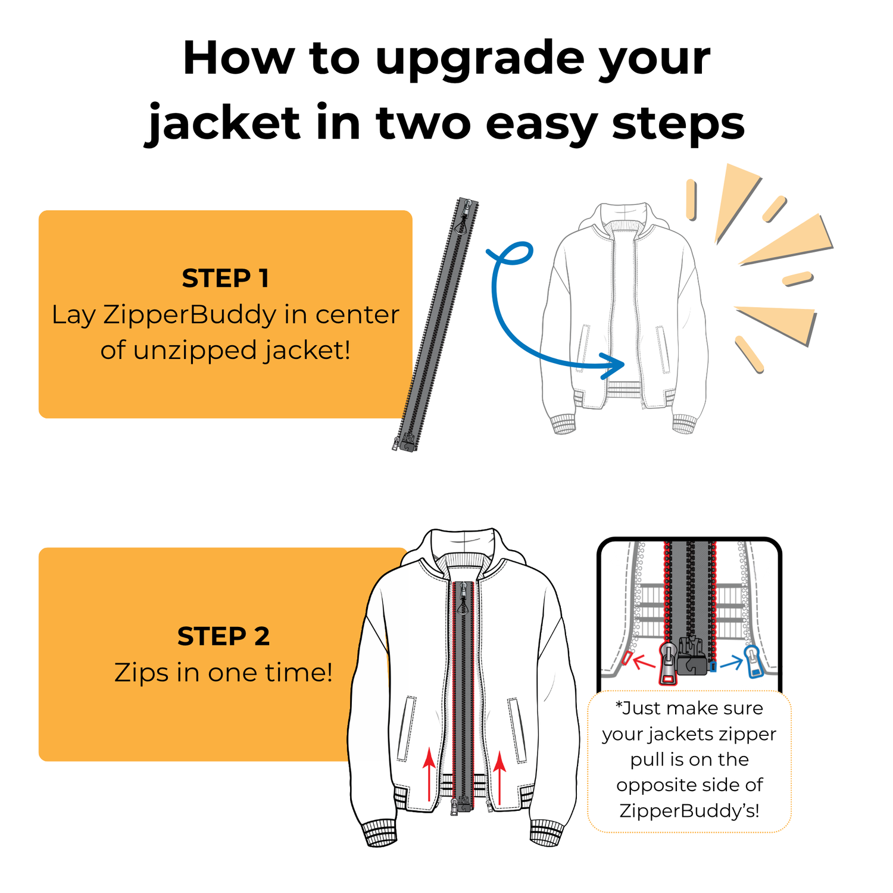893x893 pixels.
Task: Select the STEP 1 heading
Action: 226,278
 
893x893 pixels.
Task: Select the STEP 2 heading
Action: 224,636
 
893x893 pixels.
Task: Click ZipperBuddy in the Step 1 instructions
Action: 190,316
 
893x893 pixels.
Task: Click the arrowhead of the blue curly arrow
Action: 614,366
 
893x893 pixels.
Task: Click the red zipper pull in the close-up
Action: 668,663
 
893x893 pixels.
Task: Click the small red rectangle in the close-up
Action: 626,658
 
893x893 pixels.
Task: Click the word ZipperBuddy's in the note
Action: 689,811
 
